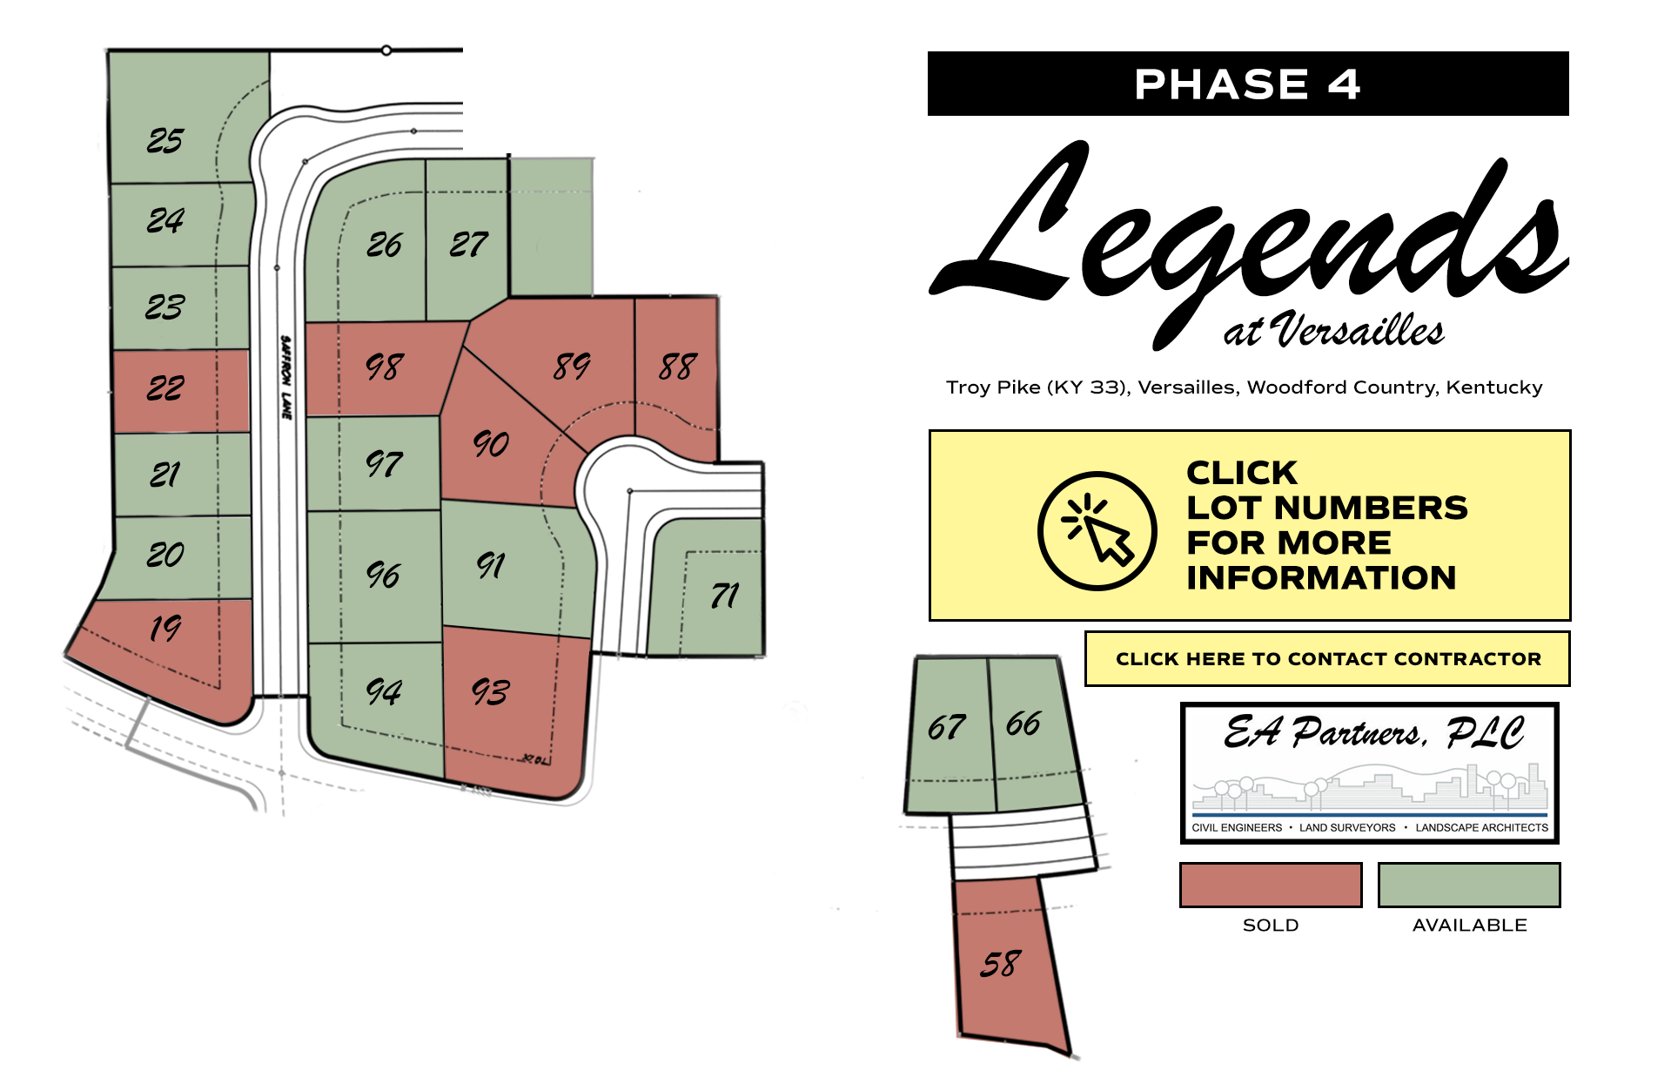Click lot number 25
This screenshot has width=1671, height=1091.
point(165,140)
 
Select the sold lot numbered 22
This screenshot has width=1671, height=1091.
point(165,387)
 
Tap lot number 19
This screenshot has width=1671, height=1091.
point(165,628)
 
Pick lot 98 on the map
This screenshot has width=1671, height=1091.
point(384,367)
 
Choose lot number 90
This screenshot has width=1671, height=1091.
point(491,444)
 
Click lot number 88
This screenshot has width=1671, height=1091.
point(678,367)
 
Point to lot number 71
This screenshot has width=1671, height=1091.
point(724,596)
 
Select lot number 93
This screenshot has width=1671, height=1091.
point(490,692)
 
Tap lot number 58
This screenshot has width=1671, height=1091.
point(1000,964)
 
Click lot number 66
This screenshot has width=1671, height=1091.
point(1023,724)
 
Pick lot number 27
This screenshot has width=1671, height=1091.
point(468,245)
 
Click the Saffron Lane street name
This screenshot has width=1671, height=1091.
point(285,377)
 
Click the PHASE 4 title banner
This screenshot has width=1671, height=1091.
point(1247,84)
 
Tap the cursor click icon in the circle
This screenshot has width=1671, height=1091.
point(1097,531)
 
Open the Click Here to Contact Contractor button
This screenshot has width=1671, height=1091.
point(1327,659)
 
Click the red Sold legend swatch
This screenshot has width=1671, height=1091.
point(1270,885)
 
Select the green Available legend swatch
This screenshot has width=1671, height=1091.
point(1469,885)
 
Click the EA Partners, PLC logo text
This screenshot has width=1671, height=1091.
point(1372,732)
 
